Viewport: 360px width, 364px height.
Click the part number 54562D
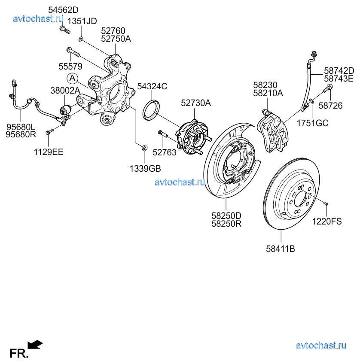64,9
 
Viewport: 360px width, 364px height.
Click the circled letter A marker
73,78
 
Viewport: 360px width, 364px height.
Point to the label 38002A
65,91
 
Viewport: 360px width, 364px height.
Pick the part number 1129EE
49,152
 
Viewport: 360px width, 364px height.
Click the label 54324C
152,86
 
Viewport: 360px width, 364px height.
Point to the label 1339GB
146,168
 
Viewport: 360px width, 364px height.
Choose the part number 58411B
281,248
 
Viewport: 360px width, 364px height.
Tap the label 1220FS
327,221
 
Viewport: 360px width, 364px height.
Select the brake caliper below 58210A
273,131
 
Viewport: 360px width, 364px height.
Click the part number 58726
333,106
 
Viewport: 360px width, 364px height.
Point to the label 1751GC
312,123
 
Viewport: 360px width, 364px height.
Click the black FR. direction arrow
35,344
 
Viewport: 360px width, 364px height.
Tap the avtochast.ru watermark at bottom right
321,346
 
